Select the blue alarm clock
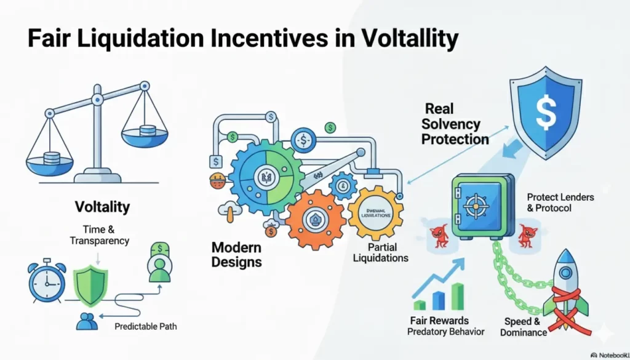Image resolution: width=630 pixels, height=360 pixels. point(47,283)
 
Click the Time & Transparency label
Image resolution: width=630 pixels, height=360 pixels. point(99,234)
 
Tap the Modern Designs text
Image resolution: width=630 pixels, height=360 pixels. point(237,254)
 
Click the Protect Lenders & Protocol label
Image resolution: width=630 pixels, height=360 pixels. point(560,202)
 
